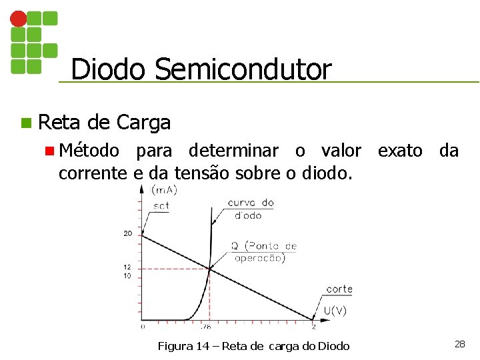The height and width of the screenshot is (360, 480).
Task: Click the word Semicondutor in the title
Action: pos(243,69)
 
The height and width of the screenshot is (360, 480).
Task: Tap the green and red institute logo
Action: pos(33,41)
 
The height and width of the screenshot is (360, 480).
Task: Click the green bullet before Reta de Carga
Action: pos(26,123)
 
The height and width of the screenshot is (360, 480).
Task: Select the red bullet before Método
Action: pos(49,151)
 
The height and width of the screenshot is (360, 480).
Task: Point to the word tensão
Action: pos(197,173)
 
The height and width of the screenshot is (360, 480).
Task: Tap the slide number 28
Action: pos(459,344)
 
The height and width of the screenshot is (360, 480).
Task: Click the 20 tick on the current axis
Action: pos(127,233)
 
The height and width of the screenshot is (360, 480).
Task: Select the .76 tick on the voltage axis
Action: pos(205,327)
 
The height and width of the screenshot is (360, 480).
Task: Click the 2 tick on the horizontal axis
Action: pos(314,327)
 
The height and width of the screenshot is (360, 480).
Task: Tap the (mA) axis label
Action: pos(164,190)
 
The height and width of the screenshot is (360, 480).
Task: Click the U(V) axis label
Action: pos(335,311)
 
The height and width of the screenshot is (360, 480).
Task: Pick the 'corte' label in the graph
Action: pos(339,289)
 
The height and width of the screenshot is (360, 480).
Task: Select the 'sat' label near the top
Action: pos(161,206)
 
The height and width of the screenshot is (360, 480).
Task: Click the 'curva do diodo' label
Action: pos(250,209)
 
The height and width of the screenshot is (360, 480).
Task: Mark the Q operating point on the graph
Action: pos(210,269)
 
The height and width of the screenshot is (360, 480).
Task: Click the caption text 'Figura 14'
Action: pos(178,345)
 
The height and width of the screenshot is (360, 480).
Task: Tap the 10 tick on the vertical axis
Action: pos(127,276)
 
